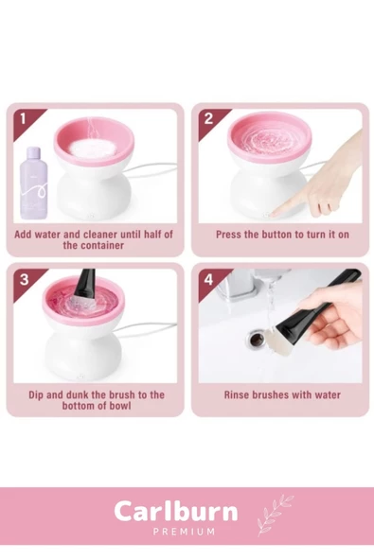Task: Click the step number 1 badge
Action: pyautogui.click(x=24, y=118)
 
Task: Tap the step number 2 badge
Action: pyautogui.click(x=208, y=118)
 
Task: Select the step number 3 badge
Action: pyautogui.click(x=24, y=279)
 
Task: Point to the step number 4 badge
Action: pyautogui.click(x=209, y=279)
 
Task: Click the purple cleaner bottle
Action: pyautogui.click(x=34, y=184)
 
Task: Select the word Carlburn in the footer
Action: pyautogui.click(x=176, y=512)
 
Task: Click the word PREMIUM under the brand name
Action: pyautogui.click(x=184, y=532)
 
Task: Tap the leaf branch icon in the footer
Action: pyautogui.click(x=275, y=515)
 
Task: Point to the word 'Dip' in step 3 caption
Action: pyautogui.click(x=36, y=395)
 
